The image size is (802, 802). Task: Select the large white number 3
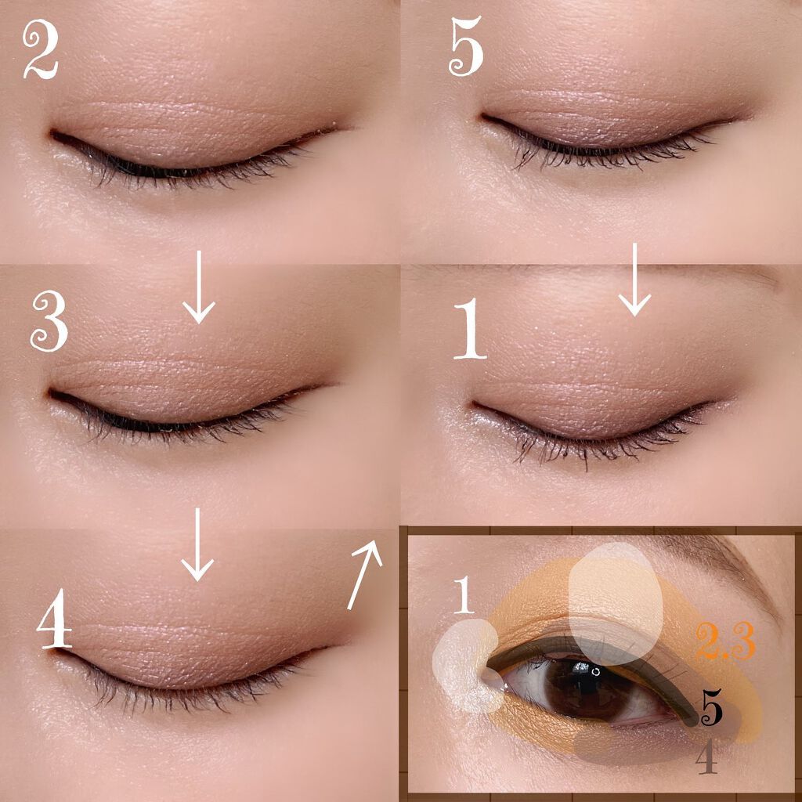coord(49,321)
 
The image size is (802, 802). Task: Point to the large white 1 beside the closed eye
coord(469,328)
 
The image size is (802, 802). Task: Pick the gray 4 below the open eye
coord(706,757)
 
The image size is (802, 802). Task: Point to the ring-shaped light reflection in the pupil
coord(597,670)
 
